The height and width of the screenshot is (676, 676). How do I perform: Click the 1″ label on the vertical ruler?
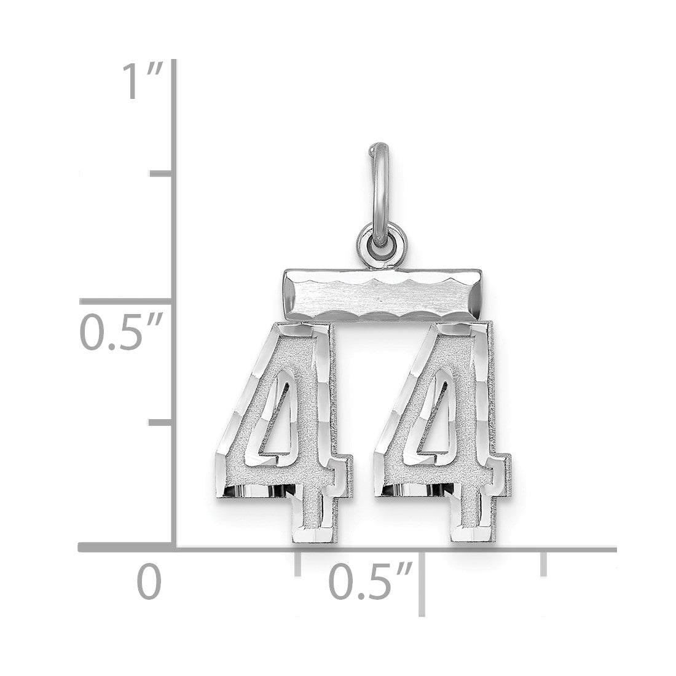coord(143,81)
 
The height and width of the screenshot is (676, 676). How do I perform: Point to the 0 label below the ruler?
coord(149,581)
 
